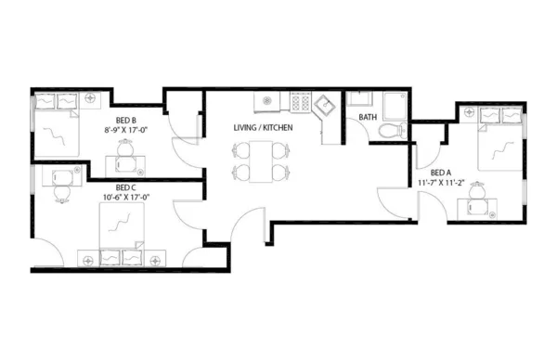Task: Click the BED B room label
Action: [x=127, y=121]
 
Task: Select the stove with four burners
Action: [x=301, y=101]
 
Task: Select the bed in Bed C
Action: [x=122, y=226]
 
